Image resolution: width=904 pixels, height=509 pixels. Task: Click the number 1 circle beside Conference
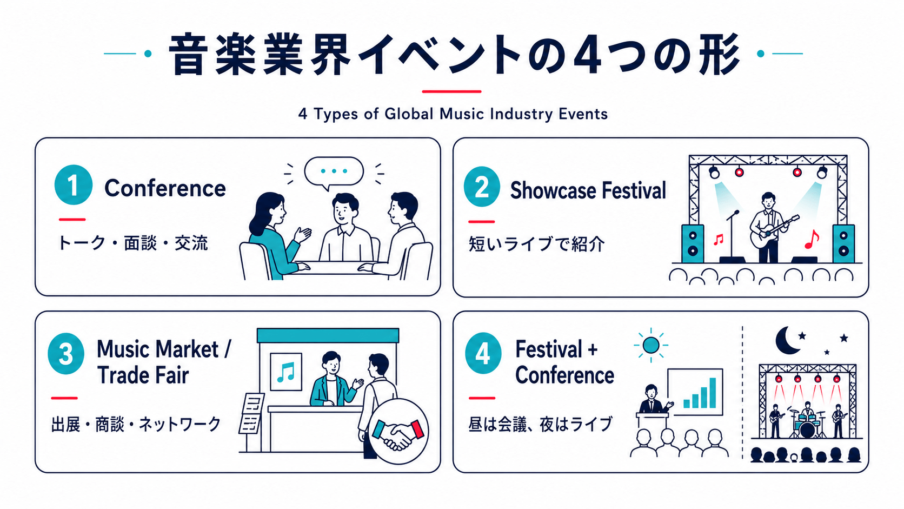[x=74, y=185]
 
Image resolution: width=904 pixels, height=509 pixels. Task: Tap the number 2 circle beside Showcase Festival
[x=482, y=187]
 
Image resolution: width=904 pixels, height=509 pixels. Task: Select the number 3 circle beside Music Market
[x=66, y=354]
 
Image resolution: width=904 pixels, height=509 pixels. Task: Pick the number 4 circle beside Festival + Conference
[x=483, y=353]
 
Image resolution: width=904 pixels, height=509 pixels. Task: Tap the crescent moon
[x=787, y=341]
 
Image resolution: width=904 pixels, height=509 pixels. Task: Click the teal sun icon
[x=650, y=346]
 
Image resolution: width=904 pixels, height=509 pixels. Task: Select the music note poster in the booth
[x=286, y=372]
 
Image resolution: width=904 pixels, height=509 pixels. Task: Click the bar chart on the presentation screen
[x=700, y=393]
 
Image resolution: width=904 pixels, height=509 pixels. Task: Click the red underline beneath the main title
[x=451, y=91]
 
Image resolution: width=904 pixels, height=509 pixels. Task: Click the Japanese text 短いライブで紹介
[x=537, y=244]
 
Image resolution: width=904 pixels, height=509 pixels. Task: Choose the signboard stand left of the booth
[x=251, y=416]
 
